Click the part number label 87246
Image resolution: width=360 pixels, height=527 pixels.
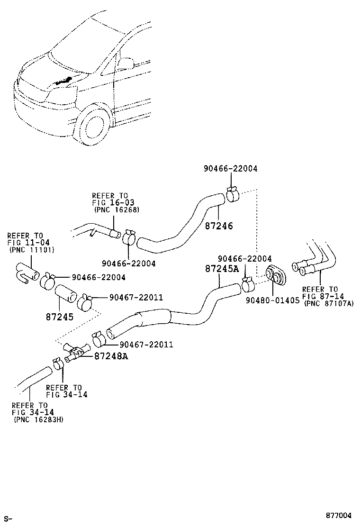[219, 227]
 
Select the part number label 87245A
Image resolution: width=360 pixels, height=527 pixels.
[222, 269]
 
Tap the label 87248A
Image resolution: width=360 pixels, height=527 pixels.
[111, 355]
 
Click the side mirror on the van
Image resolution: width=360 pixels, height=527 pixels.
[126, 63]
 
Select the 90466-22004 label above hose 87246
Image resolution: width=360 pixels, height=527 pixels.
[231, 168]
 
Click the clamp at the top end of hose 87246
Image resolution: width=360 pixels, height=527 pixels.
[232, 195]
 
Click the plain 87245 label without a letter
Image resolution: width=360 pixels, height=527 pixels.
[59, 316]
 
